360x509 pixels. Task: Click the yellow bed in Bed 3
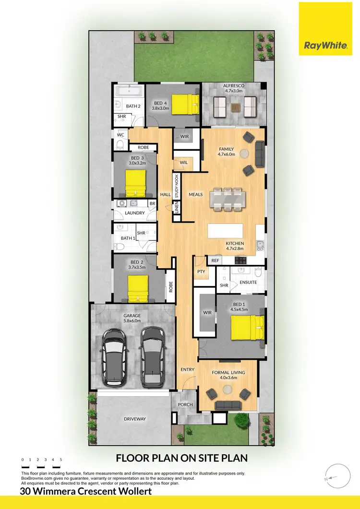tap(135, 180)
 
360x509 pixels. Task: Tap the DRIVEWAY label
tap(134, 419)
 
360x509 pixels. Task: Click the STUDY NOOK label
tap(177, 187)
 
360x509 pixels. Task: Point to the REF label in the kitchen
tap(215, 260)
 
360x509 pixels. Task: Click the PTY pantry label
tap(201, 272)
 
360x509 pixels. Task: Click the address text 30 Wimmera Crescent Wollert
tap(86, 491)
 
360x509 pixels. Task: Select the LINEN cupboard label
tap(177, 208)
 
